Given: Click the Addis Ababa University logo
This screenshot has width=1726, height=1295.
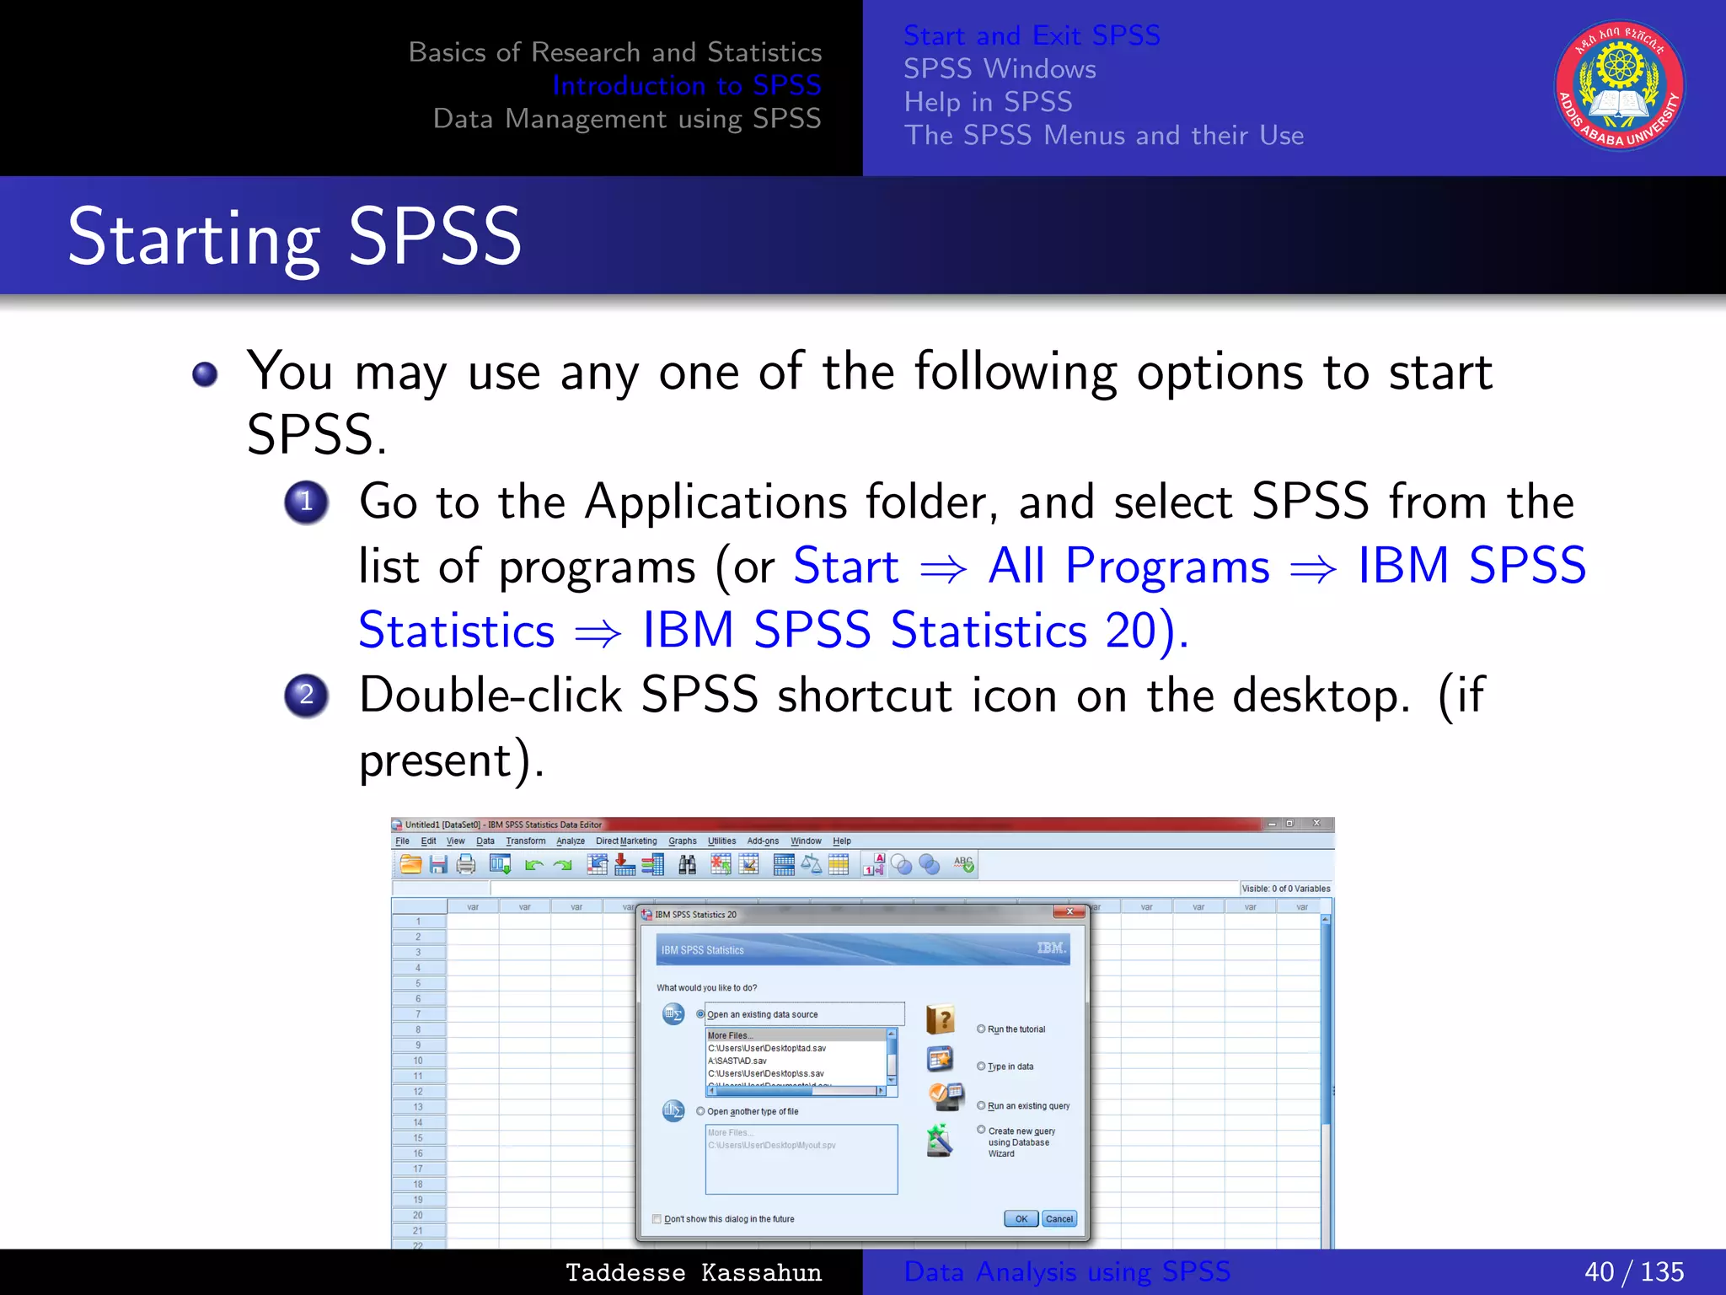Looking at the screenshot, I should [1619, 86].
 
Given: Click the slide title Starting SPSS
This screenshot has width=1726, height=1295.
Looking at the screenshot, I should [294, 238].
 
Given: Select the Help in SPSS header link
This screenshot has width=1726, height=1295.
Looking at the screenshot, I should [988, 102].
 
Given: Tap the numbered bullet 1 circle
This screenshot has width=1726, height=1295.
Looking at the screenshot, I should [306, 502].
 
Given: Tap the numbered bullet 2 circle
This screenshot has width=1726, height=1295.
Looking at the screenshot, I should [306, 696].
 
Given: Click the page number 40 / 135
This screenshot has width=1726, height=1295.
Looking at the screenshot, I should [1633, 1271].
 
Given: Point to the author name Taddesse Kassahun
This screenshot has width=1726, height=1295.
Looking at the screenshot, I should [693, 1272].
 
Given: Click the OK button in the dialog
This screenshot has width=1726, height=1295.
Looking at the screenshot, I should [1021, 1219].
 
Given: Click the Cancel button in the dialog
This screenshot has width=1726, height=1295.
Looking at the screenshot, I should [1059, 1219].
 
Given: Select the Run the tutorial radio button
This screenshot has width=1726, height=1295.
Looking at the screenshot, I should [981, 1029].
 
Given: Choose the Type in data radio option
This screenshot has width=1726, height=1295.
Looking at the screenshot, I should [981, 1067].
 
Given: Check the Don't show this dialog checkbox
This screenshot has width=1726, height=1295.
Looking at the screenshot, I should [657, 1219].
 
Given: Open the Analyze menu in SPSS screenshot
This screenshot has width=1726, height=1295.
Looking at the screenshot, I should [570, 841].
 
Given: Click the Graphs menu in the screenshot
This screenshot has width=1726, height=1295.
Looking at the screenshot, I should [682, 841].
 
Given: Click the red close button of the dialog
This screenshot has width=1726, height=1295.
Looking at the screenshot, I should [1069, 912].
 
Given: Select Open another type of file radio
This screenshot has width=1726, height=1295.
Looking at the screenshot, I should [700, 1111].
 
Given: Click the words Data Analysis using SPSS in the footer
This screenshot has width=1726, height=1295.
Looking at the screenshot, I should [1066, 1271].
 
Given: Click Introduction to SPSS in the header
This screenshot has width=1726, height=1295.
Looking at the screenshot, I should [686, 85].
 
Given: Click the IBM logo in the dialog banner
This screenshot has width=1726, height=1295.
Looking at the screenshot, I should [1051, 948].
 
